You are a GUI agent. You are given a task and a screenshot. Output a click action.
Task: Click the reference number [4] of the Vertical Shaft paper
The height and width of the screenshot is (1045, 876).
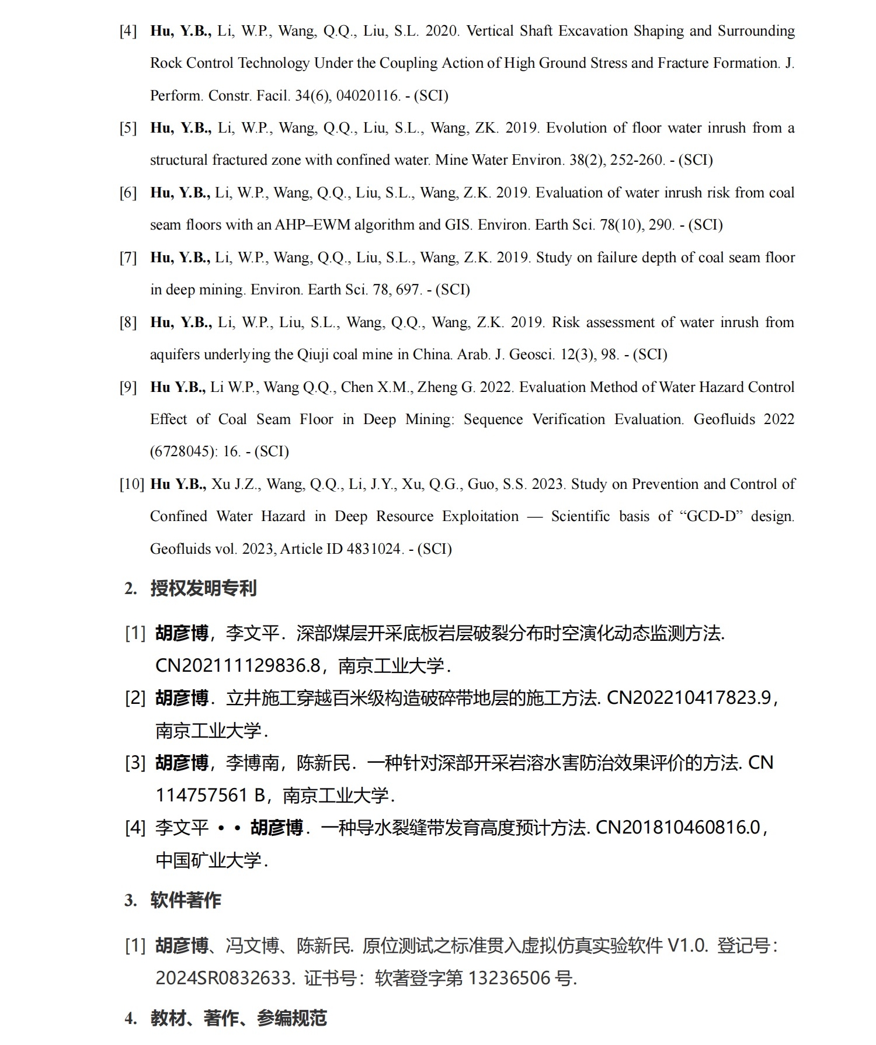(x=128, y=31)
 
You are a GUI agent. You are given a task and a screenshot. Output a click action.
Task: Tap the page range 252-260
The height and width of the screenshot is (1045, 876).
(x=637, y=160)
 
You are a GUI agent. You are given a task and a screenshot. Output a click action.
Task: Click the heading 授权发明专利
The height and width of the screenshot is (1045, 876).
(x=203, y=588)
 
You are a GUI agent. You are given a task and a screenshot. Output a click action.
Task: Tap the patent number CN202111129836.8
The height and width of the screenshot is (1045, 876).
(x=238, y=665)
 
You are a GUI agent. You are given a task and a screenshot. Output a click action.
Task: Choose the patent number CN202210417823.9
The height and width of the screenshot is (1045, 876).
(x=689, y=698)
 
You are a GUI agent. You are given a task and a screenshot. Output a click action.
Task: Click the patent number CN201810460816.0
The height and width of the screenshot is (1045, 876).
(x=678, y=828)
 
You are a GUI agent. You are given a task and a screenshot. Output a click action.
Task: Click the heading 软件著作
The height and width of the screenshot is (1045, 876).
(x=186, y=900)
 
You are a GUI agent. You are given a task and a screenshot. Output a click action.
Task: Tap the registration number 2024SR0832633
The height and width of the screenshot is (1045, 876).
(x=224, y=978)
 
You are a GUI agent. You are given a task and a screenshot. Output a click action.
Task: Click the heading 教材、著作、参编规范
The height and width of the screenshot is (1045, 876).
(x=238, y=1018)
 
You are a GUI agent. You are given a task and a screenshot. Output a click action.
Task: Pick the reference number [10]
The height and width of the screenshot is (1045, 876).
(x=132, y=484)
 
